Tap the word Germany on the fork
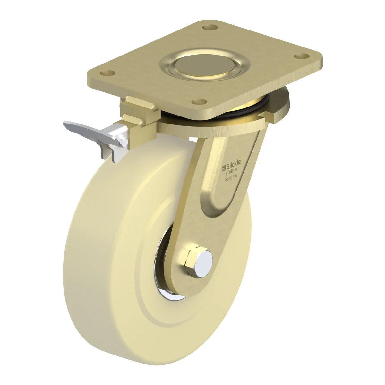click(x=231, y=178)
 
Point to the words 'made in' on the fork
click(x=231, y=171)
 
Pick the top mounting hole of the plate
click(x=210, y=27)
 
